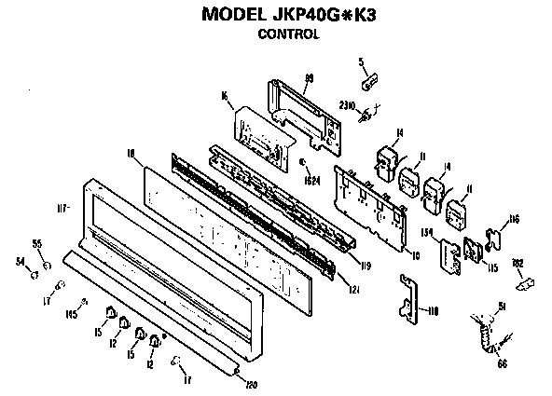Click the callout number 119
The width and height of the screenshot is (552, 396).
point(366,266)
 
